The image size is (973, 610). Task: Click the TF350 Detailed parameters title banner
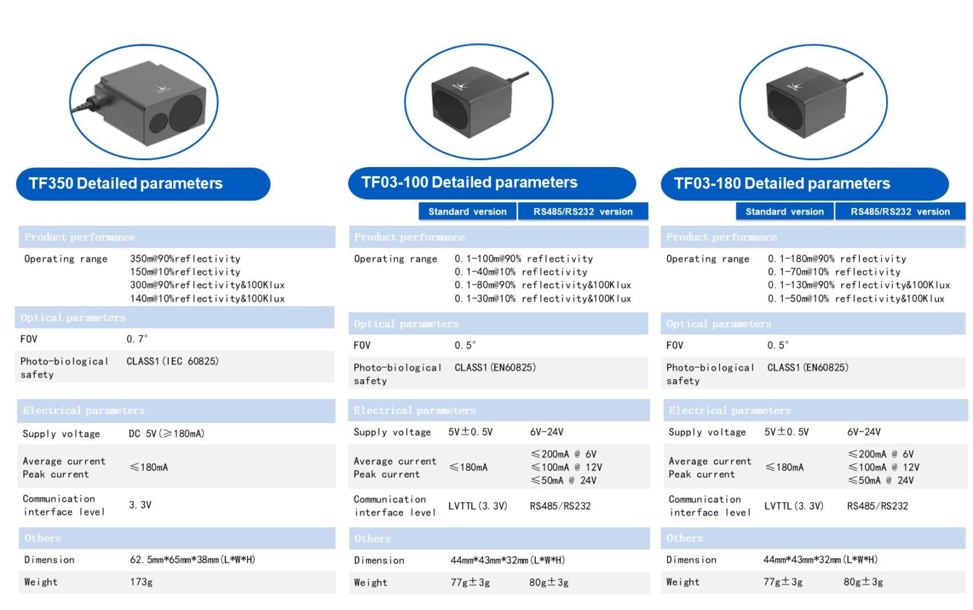143,184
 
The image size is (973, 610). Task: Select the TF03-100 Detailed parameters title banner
492,183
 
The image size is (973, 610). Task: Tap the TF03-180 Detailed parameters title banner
804,184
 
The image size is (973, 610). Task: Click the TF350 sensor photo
144,101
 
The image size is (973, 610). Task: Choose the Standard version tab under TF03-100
467,211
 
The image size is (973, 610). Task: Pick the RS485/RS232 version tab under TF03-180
900,211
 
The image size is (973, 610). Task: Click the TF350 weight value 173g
141,582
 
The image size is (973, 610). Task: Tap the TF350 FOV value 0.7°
137,339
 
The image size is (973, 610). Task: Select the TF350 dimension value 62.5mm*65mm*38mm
193,559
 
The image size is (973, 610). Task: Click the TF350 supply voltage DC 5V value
167,433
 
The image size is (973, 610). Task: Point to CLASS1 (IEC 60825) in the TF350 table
172,361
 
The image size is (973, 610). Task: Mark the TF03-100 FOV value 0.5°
465,345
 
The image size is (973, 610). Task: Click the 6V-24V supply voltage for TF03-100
547,432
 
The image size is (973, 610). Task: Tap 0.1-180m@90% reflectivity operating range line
837,258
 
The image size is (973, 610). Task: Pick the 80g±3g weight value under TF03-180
863,582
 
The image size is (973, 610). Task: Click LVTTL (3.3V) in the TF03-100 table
478,506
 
